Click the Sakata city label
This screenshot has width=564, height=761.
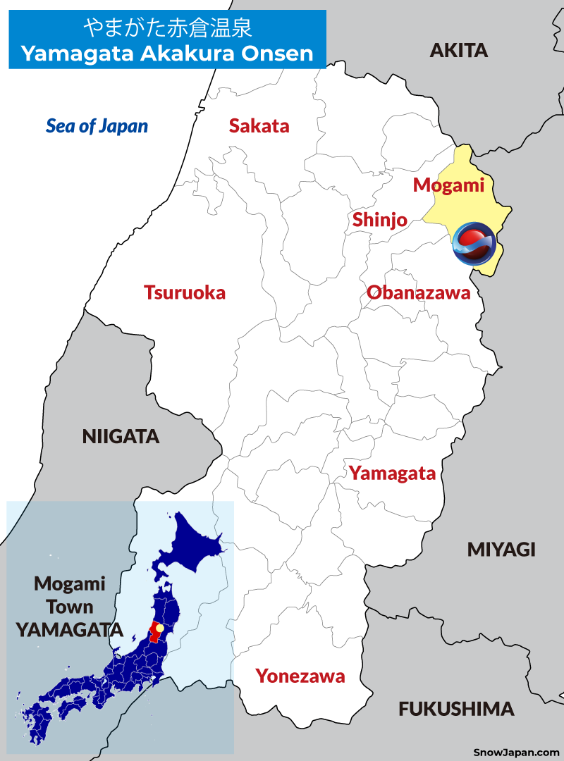(x=259, y=126)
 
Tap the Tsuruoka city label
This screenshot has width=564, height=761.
(x=185, y=292)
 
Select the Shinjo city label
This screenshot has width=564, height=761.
(x=380, y=220)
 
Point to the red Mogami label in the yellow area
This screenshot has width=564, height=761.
(x=448, y=185)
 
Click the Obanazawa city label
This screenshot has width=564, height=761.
(x=418, y=293)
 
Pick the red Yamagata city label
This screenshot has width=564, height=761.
(x=393, y=474)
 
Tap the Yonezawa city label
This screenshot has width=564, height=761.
(x=300, y=676)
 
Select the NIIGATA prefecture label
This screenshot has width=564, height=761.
(x=121, y=437)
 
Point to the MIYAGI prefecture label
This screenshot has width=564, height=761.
(x=501, y=550)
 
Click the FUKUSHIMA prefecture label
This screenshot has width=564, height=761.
(x=456, y=709)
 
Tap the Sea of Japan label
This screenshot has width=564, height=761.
(x=97, y=126)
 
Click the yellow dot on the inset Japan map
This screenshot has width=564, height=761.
(x=159, y=628)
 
